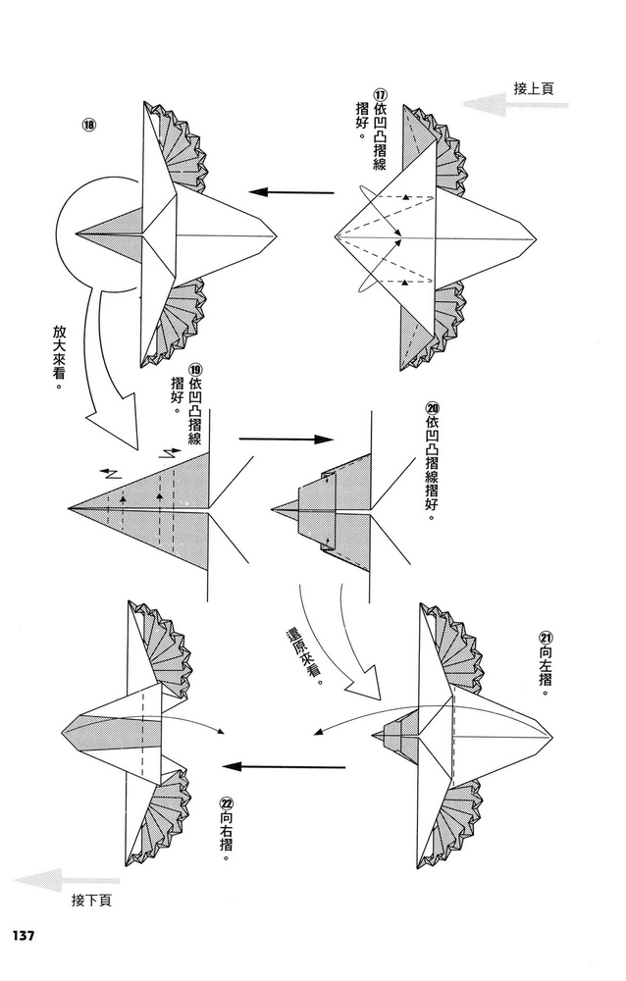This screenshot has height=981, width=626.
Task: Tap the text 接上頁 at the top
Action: coord(534,88)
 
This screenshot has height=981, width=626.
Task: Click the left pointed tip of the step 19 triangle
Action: coord(70,508)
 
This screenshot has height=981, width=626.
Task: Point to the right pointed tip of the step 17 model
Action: coord(536,237)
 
